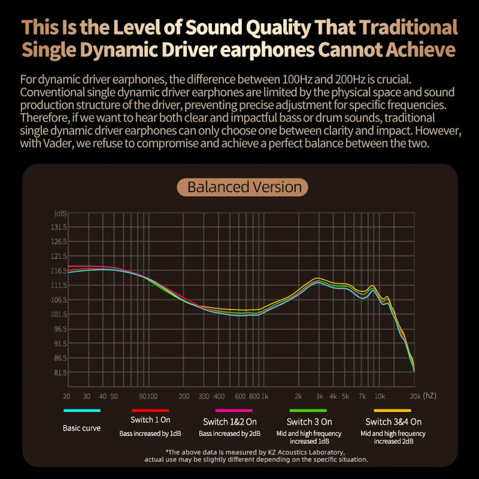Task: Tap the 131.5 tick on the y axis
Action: [x=59, y=227]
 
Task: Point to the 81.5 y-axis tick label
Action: [x=60, y=373]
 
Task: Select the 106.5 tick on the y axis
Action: [x=59, y=300]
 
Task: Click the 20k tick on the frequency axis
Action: [x=415, y=396]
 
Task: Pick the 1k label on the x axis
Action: [x=264, y=396]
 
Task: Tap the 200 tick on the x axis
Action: [x=184, y=396]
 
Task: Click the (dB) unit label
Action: [x=60, y=213]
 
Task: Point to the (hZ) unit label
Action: [x=429, y=395]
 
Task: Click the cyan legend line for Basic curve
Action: [x=82, y=410]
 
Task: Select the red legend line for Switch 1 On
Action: [x=150, y=410]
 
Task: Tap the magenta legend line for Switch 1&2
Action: [x=233, y=410]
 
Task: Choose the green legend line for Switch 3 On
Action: [x=308, y=410]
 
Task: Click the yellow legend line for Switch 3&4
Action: [x=392, y=410]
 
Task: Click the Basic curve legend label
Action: [x=82, y=427]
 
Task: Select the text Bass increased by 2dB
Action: [x=230, y=434]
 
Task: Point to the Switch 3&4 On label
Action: [x=393, y=422]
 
